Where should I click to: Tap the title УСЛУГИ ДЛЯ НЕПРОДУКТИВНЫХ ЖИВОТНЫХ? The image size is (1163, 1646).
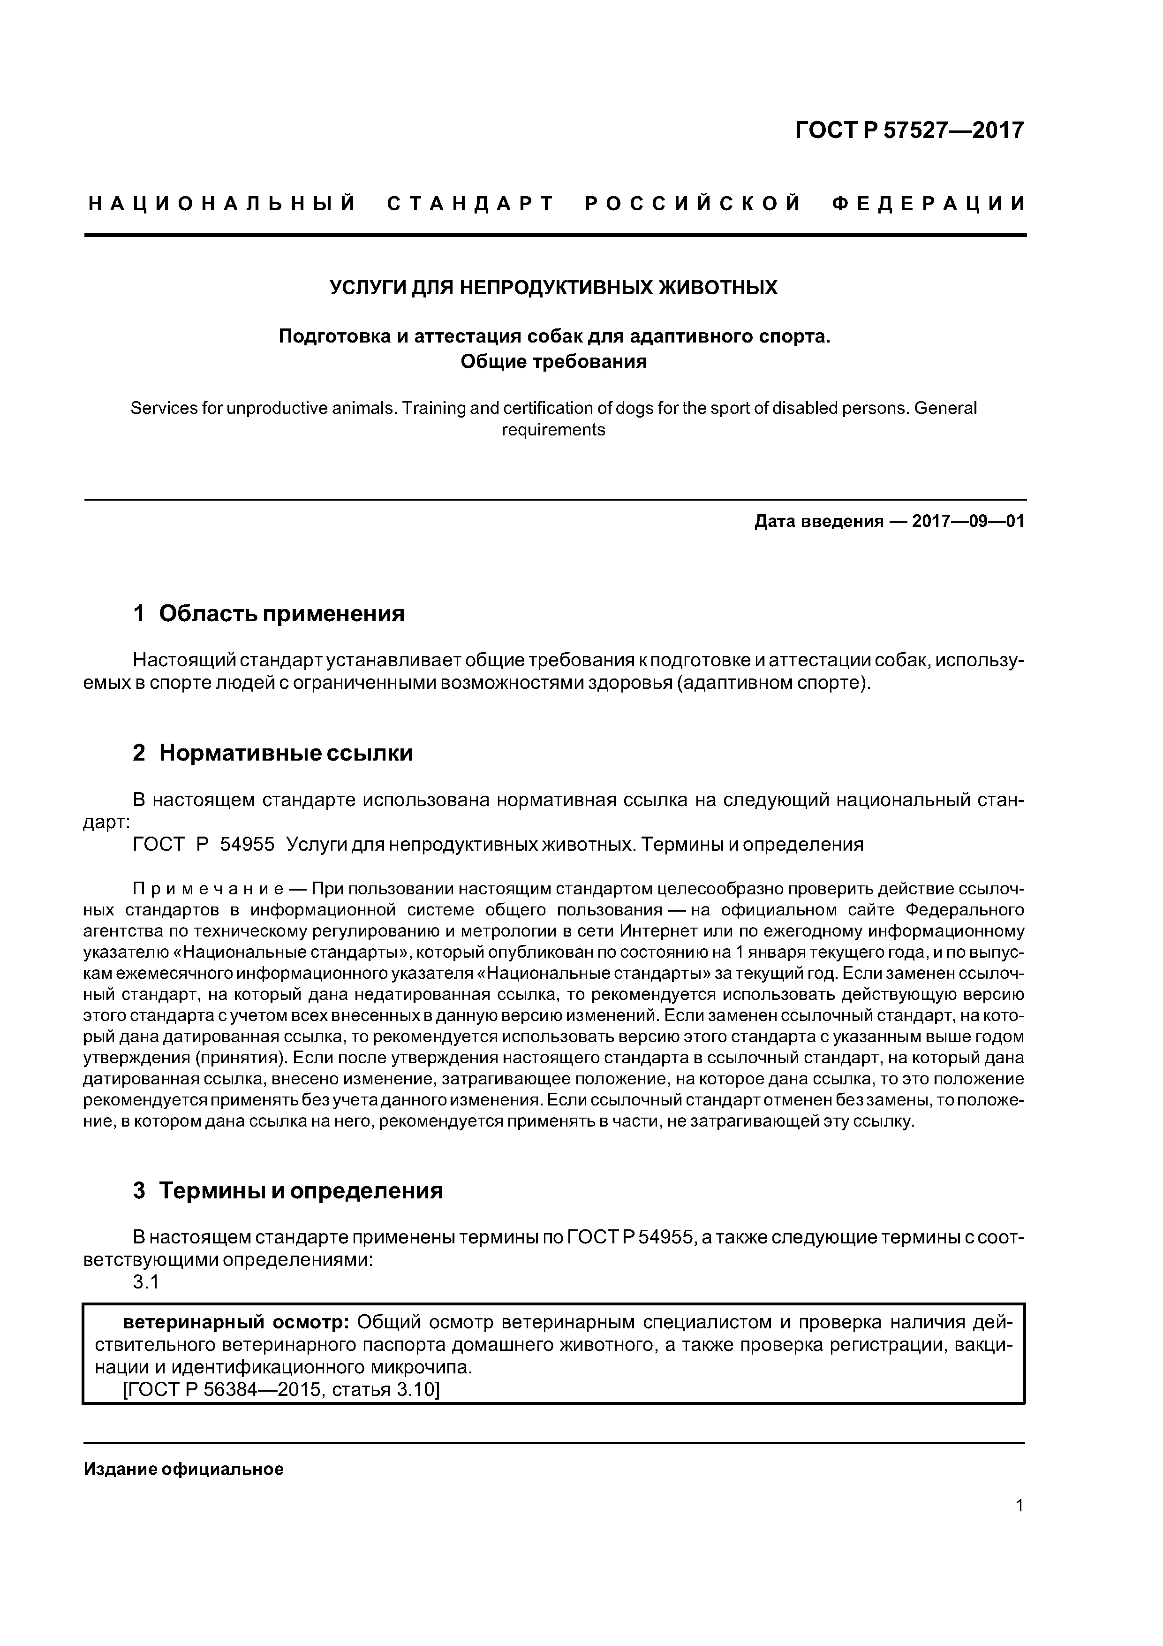tap(553, 288)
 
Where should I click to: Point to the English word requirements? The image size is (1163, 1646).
tap(553, 430)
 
